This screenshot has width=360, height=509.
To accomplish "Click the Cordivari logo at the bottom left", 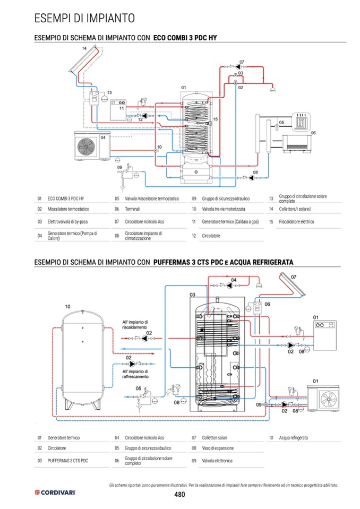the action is [x=55, y=493].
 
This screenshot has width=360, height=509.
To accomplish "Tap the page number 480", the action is [x=179, y=494].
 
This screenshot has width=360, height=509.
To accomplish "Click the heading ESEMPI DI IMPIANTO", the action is [x=84, y=18].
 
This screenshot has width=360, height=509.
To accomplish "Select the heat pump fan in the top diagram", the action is [x=85, y=146].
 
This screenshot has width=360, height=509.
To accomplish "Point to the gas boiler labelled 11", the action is [x=118, y=110].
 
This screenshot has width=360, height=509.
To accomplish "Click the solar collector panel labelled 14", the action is [x=84, y=59].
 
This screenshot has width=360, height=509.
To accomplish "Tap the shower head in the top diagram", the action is [x=272, y=89].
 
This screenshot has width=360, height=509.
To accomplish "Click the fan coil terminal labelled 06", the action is [x=297, y=144].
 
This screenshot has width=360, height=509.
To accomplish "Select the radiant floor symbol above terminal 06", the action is [x=302, y=122].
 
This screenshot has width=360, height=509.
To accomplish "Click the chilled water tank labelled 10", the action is [x=83, y=360].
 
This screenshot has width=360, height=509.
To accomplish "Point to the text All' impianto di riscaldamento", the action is [x=135, y=325].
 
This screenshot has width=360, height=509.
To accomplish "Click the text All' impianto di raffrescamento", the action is [x=135, y=374].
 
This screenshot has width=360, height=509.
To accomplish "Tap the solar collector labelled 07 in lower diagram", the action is [x=292, y=285].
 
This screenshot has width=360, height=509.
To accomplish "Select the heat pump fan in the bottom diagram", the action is [x=329, y=399].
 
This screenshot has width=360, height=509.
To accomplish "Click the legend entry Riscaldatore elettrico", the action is [x=296, y=222].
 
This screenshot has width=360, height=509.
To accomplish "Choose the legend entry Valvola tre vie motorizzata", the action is [x=224, y=209].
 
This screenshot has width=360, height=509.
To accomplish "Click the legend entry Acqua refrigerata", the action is [x=293, y=437].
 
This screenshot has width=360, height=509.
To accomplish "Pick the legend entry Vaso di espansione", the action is [x=218, y=448].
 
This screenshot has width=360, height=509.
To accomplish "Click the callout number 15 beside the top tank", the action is [x=215, y=119].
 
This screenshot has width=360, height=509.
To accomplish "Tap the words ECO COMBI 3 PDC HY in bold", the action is [x=185, y=38].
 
